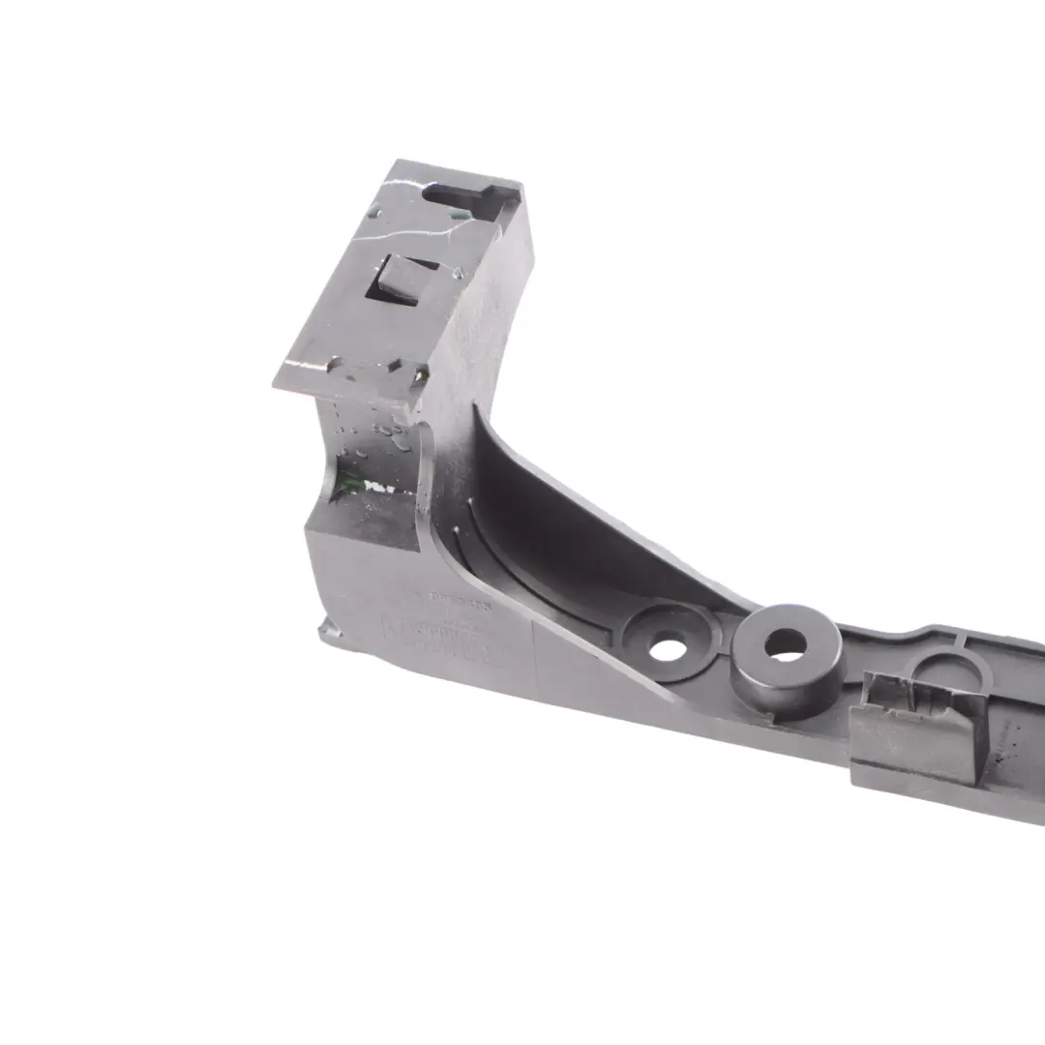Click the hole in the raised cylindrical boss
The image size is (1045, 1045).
[x=785, y=643]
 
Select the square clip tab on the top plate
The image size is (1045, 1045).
[x=398, y=281]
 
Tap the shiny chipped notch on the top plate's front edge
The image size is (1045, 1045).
[x=395, y=367]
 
